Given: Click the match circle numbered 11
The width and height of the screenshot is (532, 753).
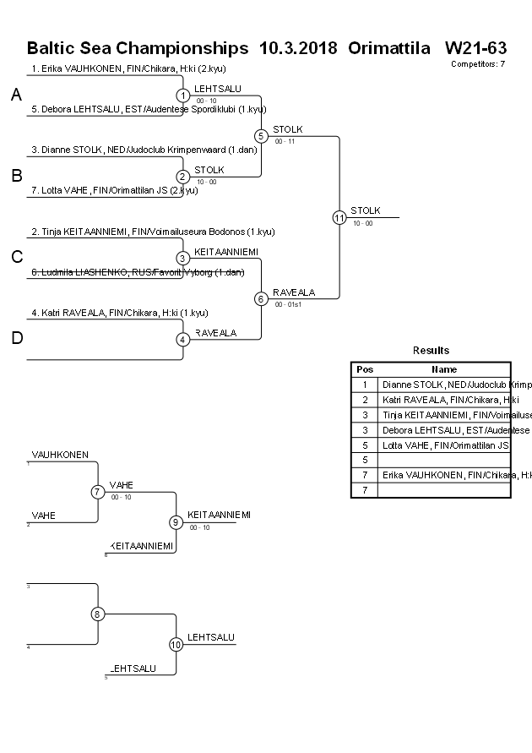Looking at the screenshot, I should (x=339, y=217).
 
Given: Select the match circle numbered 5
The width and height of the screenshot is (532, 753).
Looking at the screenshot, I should (x=261, y=135).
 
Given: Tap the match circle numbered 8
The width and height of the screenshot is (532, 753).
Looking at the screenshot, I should (x=98, y=614).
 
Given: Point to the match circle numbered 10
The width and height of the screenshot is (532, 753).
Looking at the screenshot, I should (x=176, y=645).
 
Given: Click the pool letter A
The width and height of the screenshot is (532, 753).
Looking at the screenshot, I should (x=16, y=95).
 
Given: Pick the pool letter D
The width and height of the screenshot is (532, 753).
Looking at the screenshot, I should (x=16, y=339).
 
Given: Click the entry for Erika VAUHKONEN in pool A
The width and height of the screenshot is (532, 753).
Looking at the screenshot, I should (x=128, y=68).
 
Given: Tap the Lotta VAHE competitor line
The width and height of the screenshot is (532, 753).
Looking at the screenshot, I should (x=115, y=190).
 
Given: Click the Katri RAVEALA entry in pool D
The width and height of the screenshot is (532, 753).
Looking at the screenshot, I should (x=120, y=313).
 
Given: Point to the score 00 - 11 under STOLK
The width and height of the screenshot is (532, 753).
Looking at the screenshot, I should (x=285, y=141).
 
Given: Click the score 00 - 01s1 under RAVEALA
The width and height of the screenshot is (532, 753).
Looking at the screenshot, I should (x=288, y=304).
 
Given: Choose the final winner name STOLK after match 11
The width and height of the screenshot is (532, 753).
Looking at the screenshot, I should (x=366, y=210).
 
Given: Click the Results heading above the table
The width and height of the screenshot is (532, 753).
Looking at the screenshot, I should (x=431, y=351).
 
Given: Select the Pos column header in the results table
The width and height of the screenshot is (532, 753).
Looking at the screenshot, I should (x=364, y=369).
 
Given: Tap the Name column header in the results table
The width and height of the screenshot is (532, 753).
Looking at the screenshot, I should (x=444, y=369).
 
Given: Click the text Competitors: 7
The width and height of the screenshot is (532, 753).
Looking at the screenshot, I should (x=478, y=63).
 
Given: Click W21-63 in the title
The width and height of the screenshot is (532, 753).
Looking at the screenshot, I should (x=475, y=46).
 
